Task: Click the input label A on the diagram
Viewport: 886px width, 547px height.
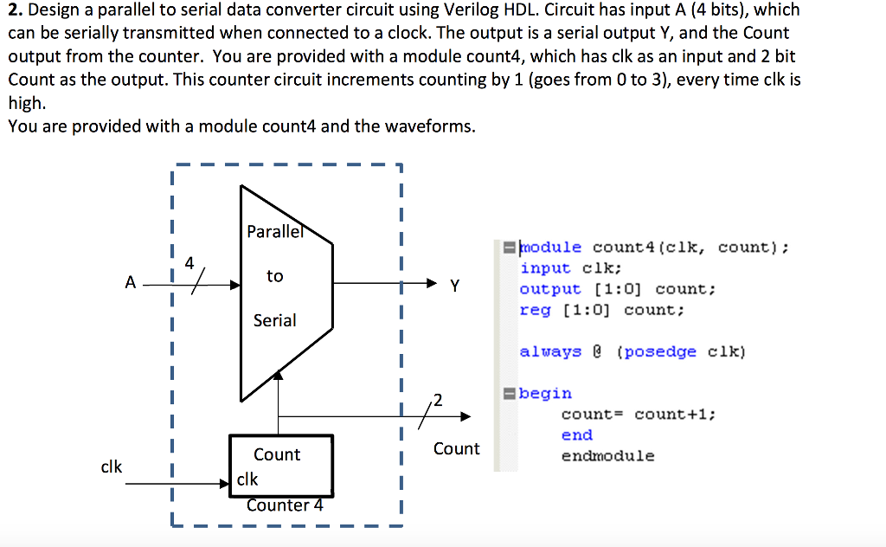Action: (x=130, y=282)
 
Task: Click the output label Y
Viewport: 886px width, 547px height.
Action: (x=454, y=285)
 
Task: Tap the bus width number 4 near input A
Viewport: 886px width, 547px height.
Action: (x=189, y=261)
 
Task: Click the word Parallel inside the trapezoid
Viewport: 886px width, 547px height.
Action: (x=275, y=231)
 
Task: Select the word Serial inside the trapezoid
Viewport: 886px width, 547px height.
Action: (x=274, y=320)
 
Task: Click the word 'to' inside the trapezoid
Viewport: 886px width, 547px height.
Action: (x=274, y=276)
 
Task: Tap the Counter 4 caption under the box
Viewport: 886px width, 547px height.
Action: (x=284, y=505)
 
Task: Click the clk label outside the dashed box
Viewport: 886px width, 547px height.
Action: (x=112, y=467)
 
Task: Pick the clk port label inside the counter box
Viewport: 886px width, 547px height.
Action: (x=247, y=479)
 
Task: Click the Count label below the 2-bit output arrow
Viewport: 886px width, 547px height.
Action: (x=456, y=448)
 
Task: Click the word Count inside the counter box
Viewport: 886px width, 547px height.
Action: (x=277, y=454)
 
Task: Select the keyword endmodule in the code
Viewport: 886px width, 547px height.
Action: (x=607, y=456)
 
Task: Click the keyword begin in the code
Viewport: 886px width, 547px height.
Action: (x=545, y=394)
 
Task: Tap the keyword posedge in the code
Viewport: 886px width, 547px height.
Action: (x=656, y=351)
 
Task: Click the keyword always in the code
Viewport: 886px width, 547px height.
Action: (x=550, y=351)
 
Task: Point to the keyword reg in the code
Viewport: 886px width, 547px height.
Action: (x=535, y=310)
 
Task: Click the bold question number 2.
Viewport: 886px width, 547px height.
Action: (x=15, y=10)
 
